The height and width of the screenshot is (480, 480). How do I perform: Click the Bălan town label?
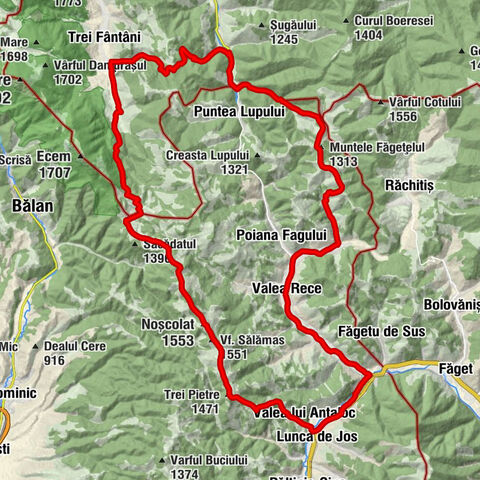coord(32,204)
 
